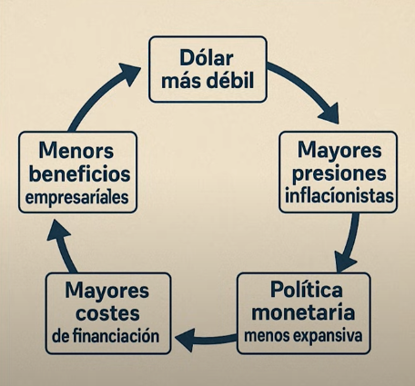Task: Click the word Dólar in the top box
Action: point(207,57)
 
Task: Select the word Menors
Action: point(76,151)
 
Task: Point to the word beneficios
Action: point(79,173)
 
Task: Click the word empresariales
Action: point(77,198)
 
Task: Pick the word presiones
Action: point(339,173)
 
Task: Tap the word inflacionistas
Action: point(339,196)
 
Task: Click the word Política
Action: point(306,290)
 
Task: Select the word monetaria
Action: point(303,312)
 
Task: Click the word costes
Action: point(107,313)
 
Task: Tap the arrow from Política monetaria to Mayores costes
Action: point(207,339)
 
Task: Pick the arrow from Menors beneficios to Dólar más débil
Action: point(100,93)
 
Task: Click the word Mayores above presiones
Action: point(339,151)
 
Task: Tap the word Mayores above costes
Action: point(106,291)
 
